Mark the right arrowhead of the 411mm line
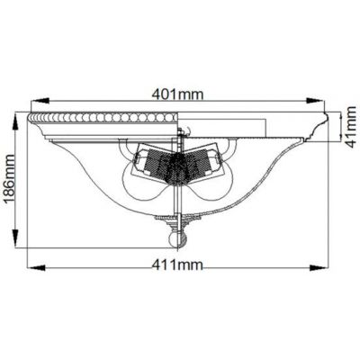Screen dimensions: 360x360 tap(325, 266)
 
